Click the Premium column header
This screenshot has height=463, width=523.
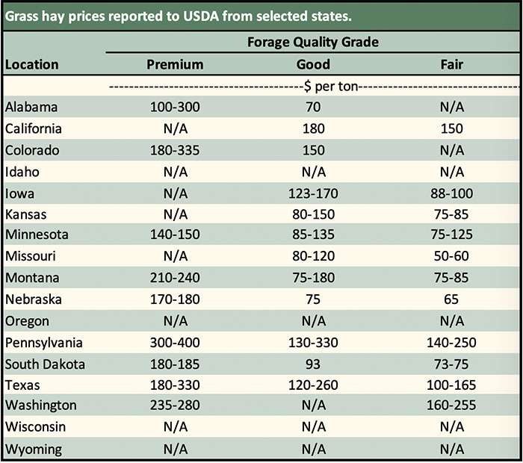tap(175, 64)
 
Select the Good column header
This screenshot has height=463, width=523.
tap(313, 64)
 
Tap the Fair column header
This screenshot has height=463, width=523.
tap(451, 64)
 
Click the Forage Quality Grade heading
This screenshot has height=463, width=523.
tap(313, 42)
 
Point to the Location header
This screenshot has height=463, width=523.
tap(31, 64)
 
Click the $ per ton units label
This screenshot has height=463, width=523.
tap(313, 86)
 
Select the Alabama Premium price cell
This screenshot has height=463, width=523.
tap(175, 107)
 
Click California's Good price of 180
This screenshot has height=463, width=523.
tap(313, 128)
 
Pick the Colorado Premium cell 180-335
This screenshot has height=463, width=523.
tap(175, 150)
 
